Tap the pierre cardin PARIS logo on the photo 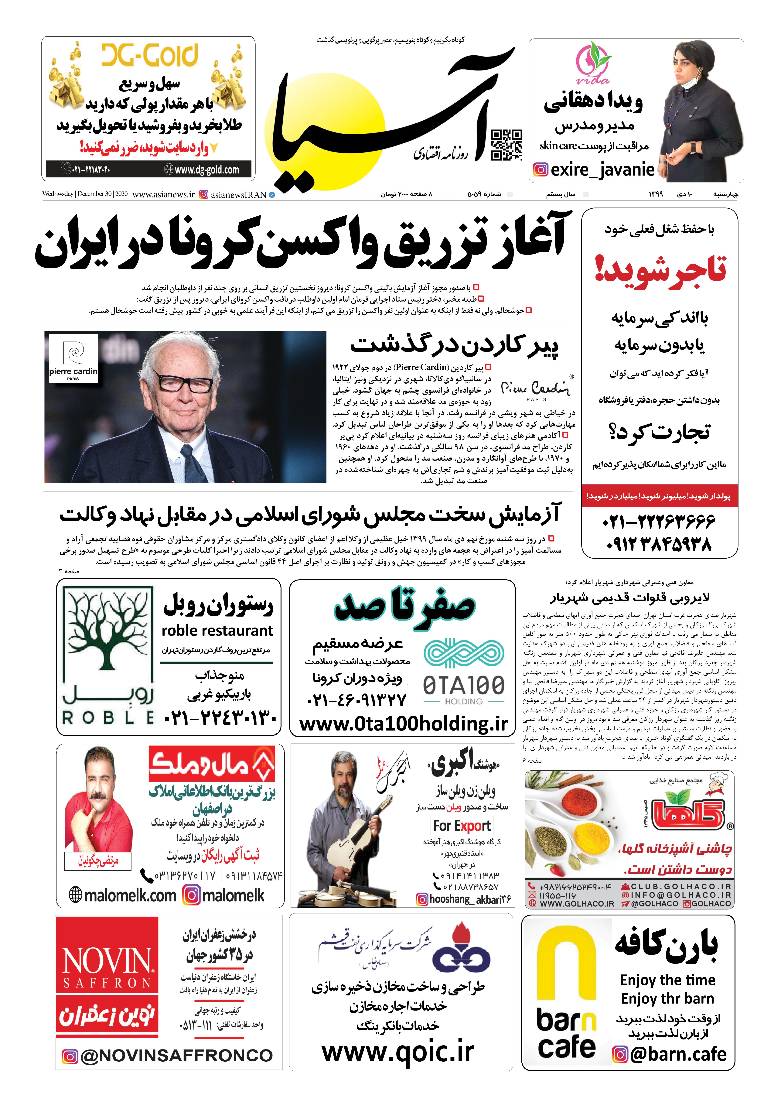(73, 359)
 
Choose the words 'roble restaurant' (217, 631)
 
